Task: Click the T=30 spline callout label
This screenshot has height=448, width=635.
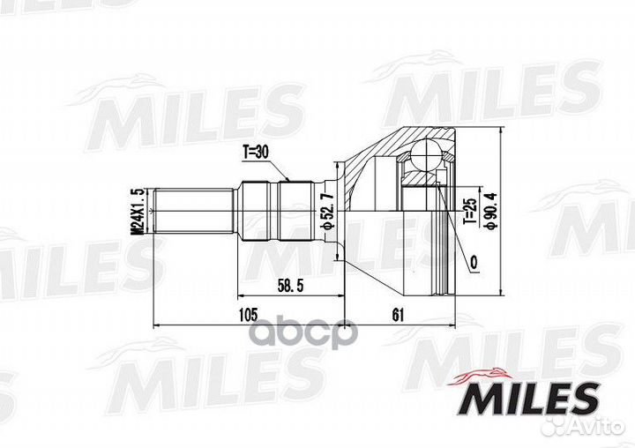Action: pos(256,153)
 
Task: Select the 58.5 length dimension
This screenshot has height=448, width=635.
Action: pos(290,287)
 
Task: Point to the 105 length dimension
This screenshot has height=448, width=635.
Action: pos(248,314)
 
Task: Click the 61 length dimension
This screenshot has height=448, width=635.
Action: pos(398,314)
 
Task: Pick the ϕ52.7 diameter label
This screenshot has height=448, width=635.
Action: pos(327,211)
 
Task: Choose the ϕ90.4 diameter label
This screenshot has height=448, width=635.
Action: pos(491,211)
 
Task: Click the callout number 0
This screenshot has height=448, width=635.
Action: pos(474,263)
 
